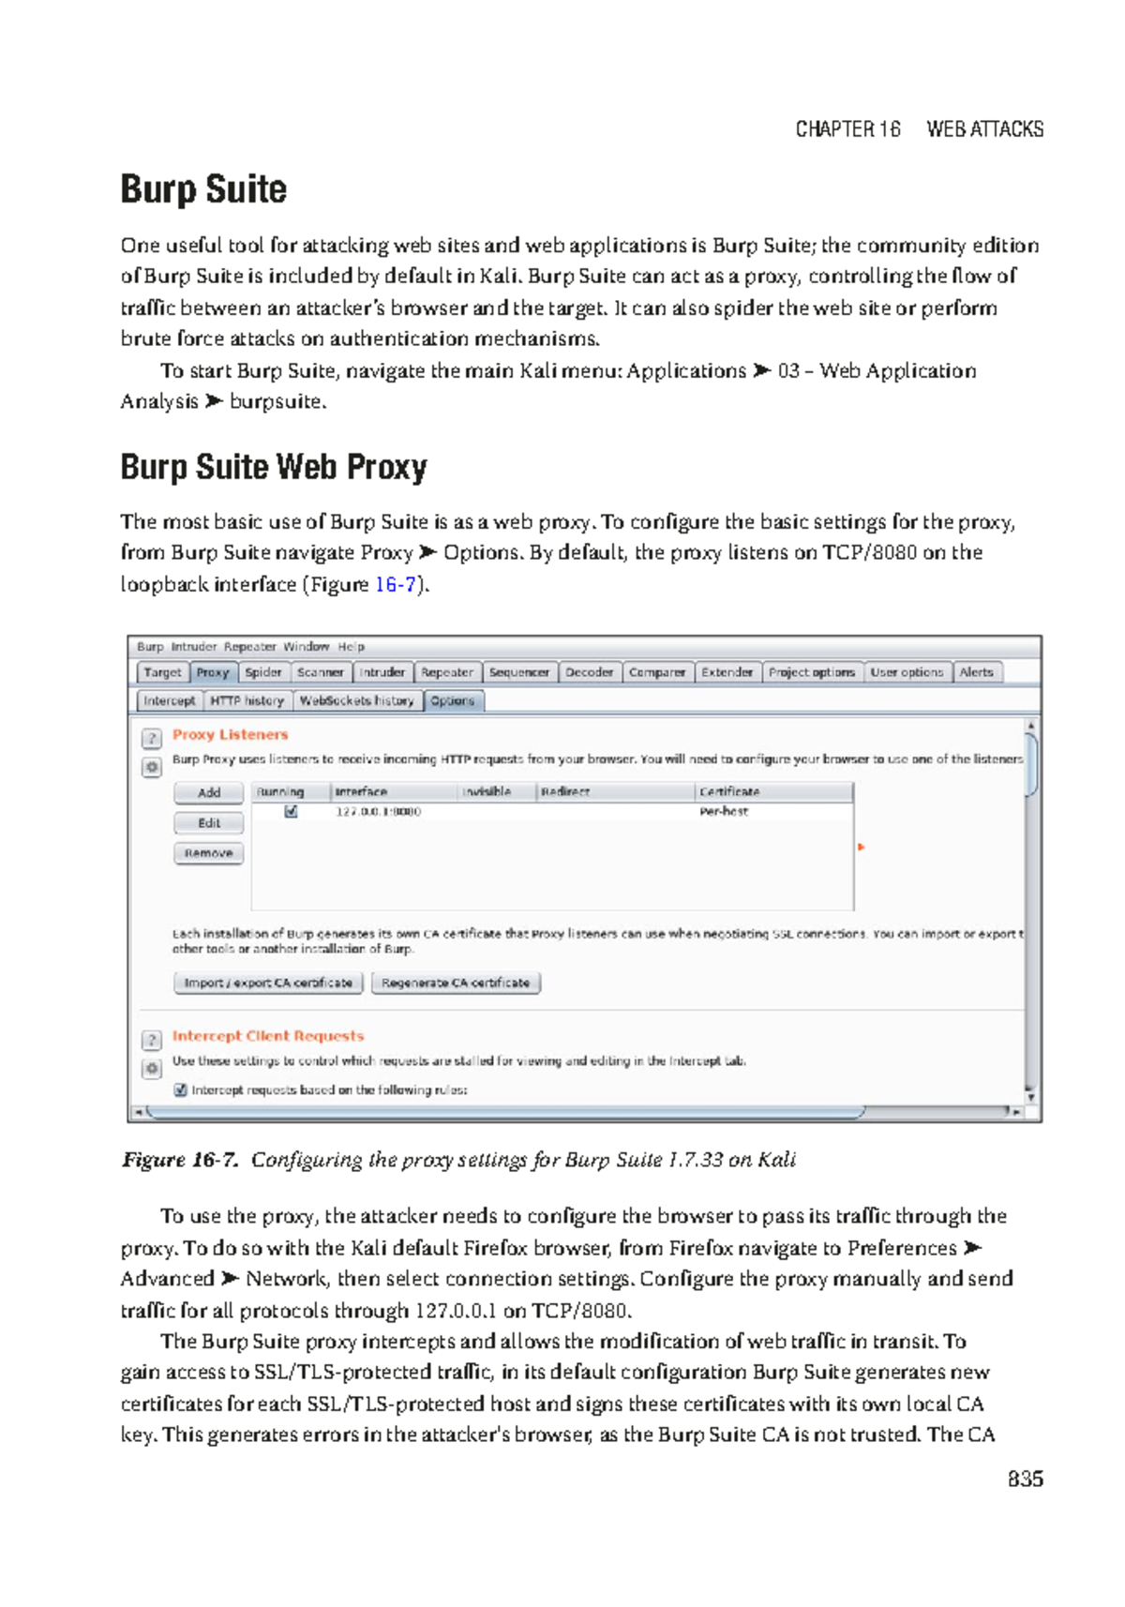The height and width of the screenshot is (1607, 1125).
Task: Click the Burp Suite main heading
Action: point(203,189)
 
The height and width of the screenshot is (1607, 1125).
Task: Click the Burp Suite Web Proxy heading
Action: point(273,467)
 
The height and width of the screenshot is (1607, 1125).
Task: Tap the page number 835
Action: point(1025,1479)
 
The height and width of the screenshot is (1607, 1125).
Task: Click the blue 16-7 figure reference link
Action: point(395,584)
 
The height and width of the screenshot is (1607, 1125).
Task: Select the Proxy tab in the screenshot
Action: point(213,672)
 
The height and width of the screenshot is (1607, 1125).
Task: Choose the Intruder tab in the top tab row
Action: point(382,672)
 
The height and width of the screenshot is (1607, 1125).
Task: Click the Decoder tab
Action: point(589,672)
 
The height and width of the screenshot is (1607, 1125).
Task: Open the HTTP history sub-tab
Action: point(247,700)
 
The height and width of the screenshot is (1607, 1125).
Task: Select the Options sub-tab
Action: point(453,700)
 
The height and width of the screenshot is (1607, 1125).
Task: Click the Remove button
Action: point(208,853)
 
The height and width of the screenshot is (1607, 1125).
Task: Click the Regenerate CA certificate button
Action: point(456,983)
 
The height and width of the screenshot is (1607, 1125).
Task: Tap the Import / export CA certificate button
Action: point(268,983)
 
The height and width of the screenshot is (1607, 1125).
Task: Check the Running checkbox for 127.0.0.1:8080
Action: point(292,811)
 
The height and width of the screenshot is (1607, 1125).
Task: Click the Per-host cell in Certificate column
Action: point(724,811)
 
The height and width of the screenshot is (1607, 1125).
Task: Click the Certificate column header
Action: point(729,791)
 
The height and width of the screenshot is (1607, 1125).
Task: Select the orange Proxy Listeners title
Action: point(230,734)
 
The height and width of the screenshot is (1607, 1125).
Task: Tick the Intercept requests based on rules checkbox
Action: point(181,1089)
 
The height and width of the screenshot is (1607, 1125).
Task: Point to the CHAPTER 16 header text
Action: point(847,129)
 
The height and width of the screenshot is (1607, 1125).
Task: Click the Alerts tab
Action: point(976,672)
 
